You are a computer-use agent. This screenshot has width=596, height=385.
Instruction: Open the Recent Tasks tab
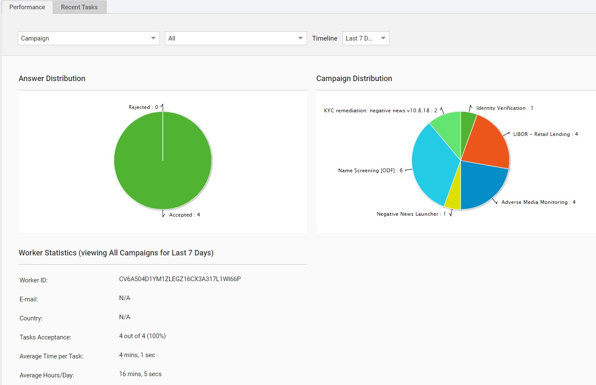click(x=79, y=7)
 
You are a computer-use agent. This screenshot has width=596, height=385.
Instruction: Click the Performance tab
click(x=27, y=7)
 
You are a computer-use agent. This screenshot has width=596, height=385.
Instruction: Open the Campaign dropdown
click(x=89, y=38)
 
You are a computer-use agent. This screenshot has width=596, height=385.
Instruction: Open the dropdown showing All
click(x=236, y=38)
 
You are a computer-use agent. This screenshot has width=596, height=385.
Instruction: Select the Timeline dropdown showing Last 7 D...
click(x=366, y=38)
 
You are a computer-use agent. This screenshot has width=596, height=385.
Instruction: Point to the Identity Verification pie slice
click(x=467, y=125)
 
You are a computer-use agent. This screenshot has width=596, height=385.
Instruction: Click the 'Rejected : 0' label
click(x=143, y=107)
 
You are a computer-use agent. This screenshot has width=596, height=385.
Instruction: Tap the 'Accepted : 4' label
click(x=184, y=215)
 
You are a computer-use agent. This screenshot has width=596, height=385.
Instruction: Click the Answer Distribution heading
click(x=52, y=79)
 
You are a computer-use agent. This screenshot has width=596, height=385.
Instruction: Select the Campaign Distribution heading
click(x=354, y=79)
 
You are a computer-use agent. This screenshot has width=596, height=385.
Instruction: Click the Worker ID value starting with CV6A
click(x=180, y=279)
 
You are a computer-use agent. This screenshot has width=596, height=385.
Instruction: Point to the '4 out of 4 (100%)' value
click(x=142, y=336)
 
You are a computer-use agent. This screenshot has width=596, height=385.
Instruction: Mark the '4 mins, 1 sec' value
click(x=137, y=355)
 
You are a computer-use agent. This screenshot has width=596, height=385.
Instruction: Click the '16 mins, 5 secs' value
click(x=140, y=374)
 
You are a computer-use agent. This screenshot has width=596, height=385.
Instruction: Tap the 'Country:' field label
click(x=31, y=318)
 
